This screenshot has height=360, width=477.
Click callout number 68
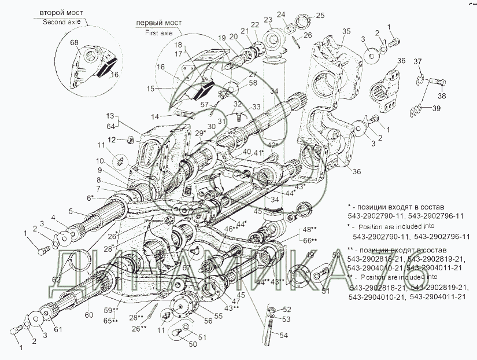coord(74,43)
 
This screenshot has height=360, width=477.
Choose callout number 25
coord(320,14)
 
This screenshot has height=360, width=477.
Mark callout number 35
coord(346,31)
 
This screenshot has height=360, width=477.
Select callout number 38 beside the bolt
coord(442,96)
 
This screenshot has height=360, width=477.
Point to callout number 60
coord(88,315)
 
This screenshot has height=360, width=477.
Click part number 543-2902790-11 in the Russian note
coord(377,216)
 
